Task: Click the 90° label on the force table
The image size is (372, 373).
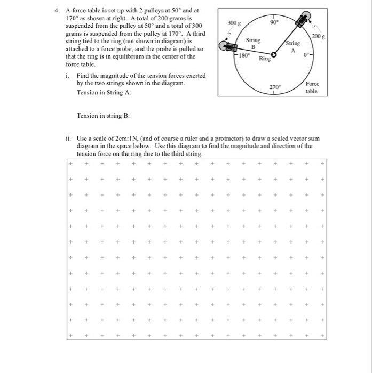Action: tap(273, 23)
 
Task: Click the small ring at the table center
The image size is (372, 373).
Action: tap(274, 54)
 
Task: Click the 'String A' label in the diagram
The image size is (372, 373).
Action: tap(293, 46)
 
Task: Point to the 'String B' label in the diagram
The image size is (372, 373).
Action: tap(253, 43)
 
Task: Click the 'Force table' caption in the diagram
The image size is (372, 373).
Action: tap(311, 87)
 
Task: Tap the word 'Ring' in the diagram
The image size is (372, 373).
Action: tap(264, 59)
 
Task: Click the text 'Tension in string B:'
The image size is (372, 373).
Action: tap(101, 116)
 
